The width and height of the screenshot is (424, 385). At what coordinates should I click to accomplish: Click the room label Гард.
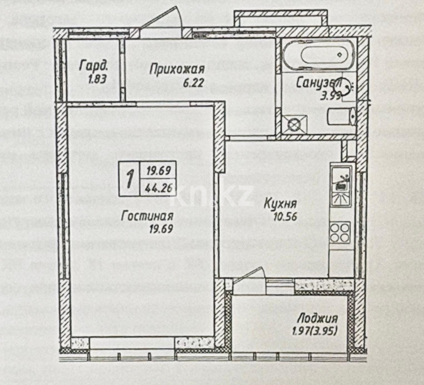click(93, 66)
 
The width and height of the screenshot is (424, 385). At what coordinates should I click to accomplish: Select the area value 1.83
click(97, 79)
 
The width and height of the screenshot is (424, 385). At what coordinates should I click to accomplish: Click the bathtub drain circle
click(340, 55)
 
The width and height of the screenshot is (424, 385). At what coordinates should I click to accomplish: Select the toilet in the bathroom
click(341, 116)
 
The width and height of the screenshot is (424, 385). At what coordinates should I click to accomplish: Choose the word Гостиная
click(147, 216)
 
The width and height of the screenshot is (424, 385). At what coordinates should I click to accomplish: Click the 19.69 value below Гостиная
click(162, 229)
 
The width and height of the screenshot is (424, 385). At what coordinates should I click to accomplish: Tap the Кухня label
click(280, 204)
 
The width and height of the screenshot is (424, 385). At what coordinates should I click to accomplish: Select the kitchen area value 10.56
click(285, 216)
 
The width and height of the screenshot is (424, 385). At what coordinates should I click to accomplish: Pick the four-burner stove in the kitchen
click(340, 232)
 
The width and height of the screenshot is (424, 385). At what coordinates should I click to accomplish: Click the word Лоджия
click(317, 318)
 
